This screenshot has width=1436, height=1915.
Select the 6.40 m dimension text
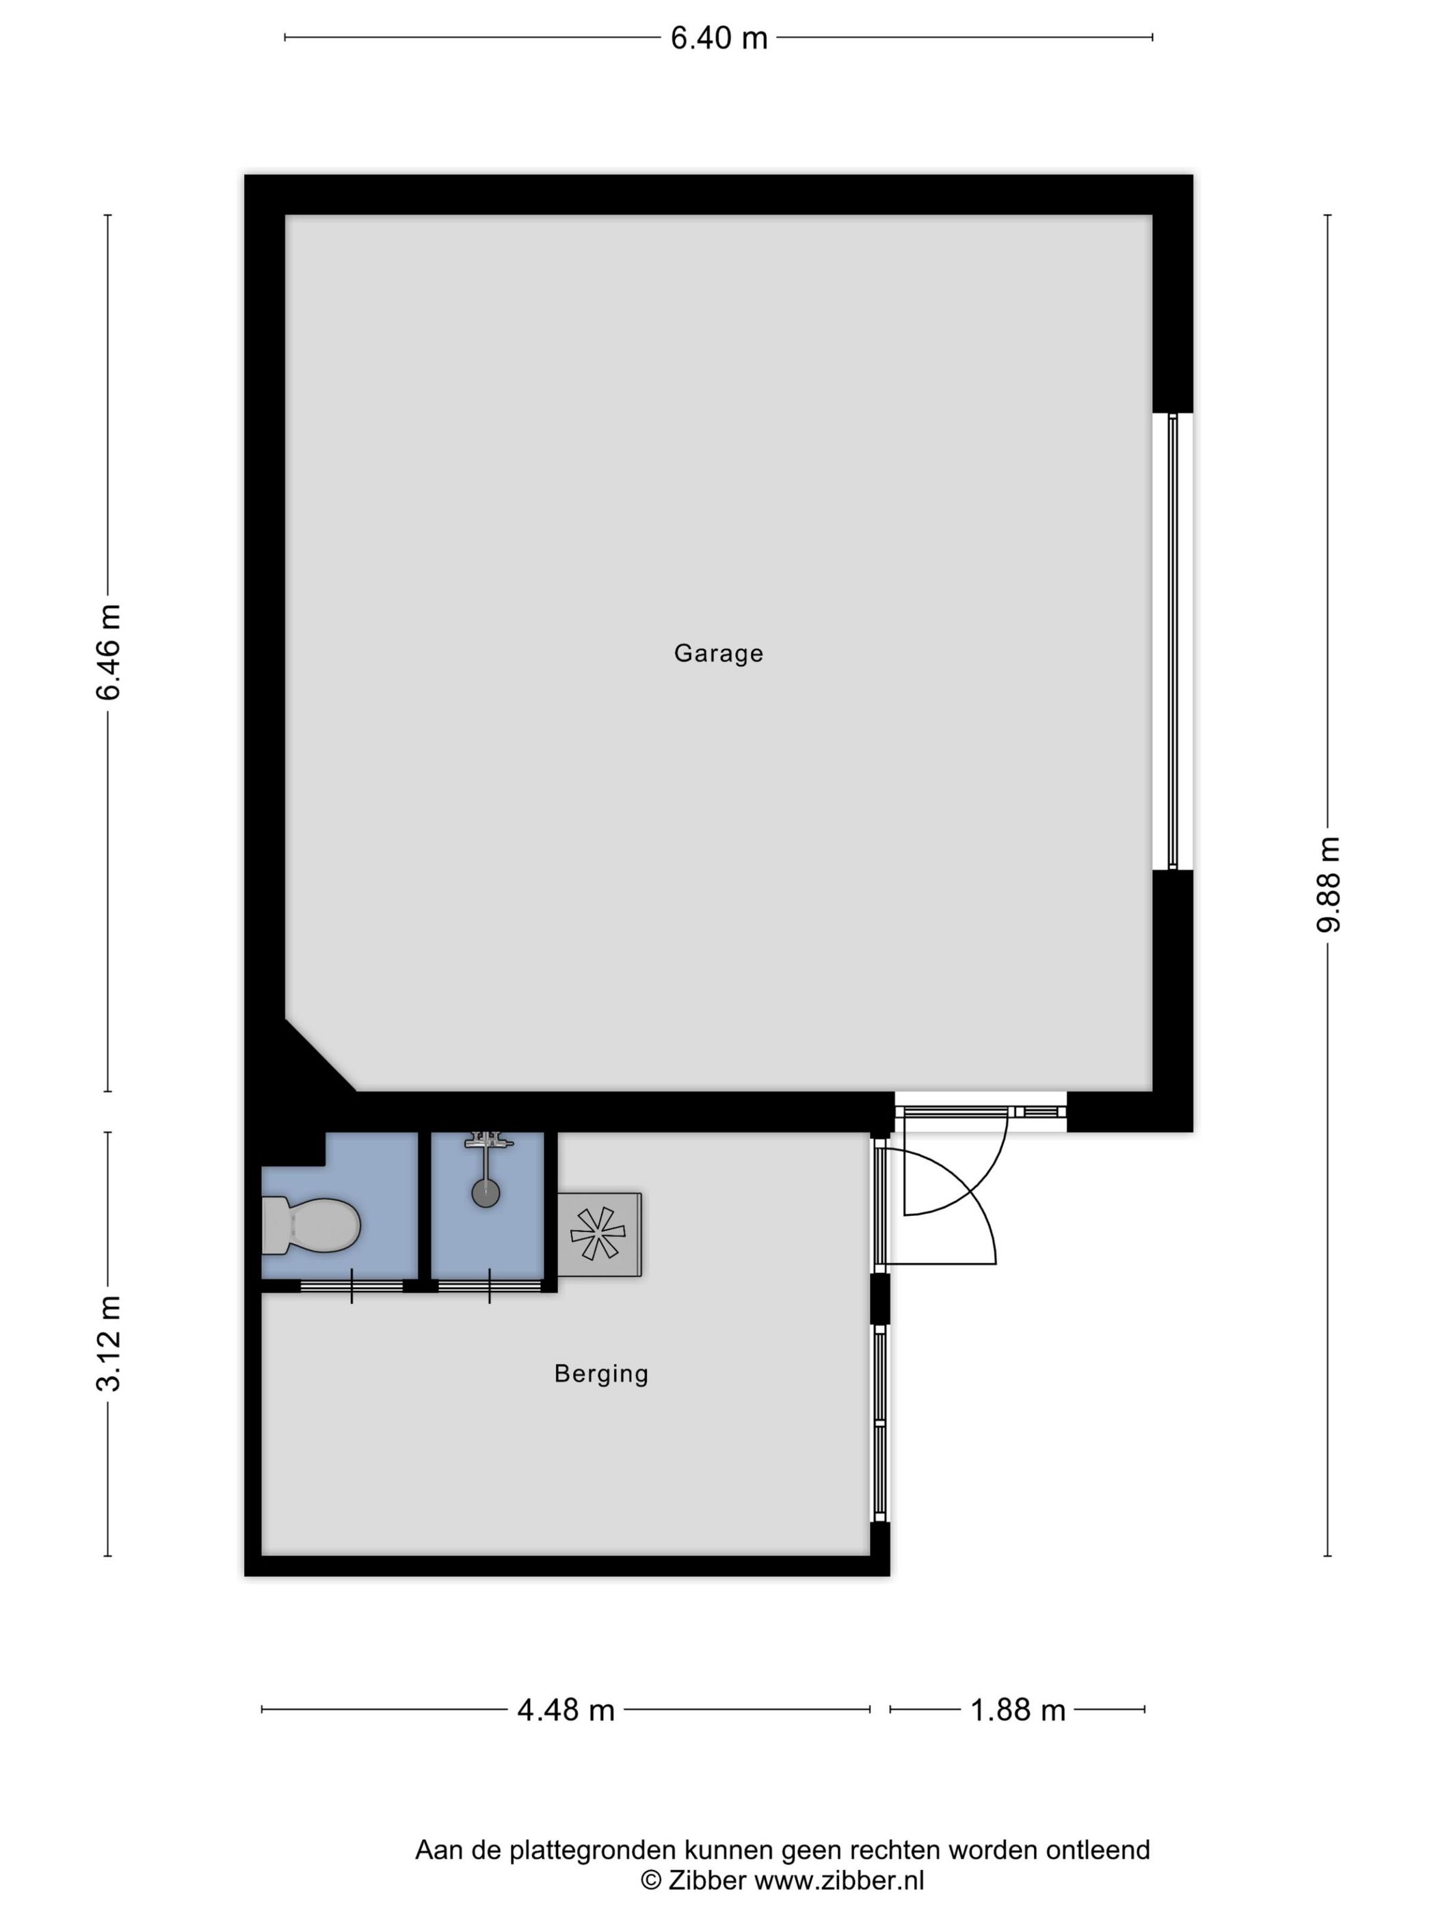coord(719,38)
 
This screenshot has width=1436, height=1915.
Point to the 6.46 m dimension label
coord(109,652)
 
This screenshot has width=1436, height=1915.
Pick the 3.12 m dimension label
coord(109,1344)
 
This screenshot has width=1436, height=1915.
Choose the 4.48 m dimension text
coord(566,1711)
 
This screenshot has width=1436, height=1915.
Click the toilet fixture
coord(310,1225)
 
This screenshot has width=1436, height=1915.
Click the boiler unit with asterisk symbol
coord(599,1234)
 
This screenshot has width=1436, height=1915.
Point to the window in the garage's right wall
coord(1173,642)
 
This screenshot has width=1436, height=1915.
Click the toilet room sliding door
coord(351,1286)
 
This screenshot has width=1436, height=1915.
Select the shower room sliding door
coord(490,1286)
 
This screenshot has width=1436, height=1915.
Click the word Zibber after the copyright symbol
coord(707,1879)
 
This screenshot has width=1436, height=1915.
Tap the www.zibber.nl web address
coord(840,1879)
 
